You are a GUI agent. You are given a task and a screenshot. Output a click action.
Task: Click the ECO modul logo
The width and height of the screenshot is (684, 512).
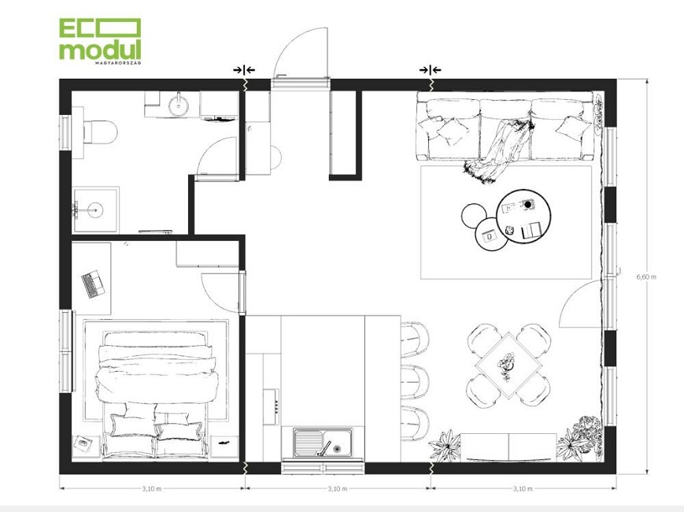pyautogui.click(x=100, y=41)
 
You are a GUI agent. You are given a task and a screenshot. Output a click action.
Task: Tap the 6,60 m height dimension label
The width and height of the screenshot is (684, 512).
pyautogui.click(x=646, y=276)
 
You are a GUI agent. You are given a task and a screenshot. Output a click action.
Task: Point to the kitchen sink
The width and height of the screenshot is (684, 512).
pyautogui.click(x=324, y=442)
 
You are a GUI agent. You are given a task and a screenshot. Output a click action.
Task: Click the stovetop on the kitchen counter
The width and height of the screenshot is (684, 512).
pyautogui.click(x=271, y=406)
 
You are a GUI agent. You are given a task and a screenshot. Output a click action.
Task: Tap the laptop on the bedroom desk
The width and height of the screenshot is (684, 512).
pyautogui.click(x=93, y=284)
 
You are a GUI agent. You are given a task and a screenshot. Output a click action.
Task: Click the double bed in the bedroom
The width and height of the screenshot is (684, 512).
pyautogui.click(x=155, y=394)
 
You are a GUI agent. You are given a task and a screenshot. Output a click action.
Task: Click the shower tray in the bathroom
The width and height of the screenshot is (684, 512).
pyautogui.click(x=95, y=210)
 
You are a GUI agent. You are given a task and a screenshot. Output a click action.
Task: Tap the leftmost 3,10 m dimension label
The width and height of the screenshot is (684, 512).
pyautogui.click(x=151, y=488)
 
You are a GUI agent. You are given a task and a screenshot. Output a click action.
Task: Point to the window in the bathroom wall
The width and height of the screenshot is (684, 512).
pyautogui.click(x=65, y=132)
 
